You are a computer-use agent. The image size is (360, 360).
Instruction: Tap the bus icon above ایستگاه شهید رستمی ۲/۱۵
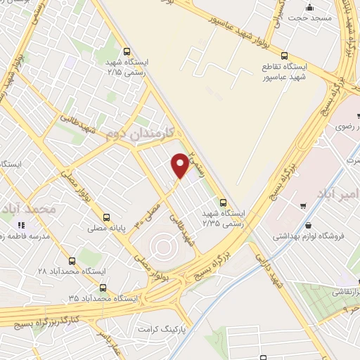coord(127,51)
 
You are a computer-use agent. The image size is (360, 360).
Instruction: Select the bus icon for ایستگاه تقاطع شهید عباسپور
coord(284,55)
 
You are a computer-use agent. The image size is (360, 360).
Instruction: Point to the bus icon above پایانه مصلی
coord(106,217)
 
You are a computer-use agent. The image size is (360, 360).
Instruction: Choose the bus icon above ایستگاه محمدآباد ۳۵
coord(103,287)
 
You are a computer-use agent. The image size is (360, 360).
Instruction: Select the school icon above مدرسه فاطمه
coord(21,226)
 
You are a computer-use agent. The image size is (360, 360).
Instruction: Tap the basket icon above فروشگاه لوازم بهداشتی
coord(303,205)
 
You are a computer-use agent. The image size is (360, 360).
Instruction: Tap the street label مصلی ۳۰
coord(153,214)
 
